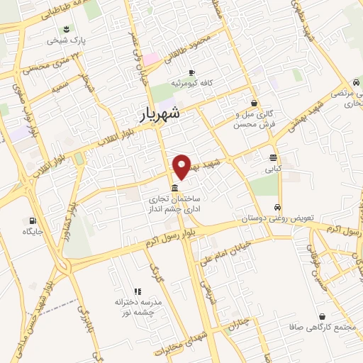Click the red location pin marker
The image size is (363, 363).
181,166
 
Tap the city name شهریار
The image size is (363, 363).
157,112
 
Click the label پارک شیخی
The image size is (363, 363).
66,40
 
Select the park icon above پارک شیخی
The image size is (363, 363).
66,28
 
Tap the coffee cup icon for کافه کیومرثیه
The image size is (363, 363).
191,72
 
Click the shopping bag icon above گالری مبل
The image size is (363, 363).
254,103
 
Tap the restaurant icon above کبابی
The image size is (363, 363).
273,157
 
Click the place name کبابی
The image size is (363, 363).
273,169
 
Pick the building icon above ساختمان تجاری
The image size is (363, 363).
174,187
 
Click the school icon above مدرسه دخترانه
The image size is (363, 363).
138,291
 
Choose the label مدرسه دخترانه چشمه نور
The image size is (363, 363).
139,307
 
